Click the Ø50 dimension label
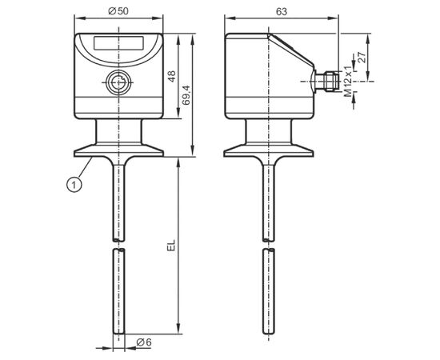118,11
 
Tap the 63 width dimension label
282,11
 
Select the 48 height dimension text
171,76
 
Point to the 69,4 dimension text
186,95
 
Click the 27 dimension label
362,58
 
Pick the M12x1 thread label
348,82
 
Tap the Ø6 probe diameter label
144,342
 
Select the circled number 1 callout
74,185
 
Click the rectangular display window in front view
118,43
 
